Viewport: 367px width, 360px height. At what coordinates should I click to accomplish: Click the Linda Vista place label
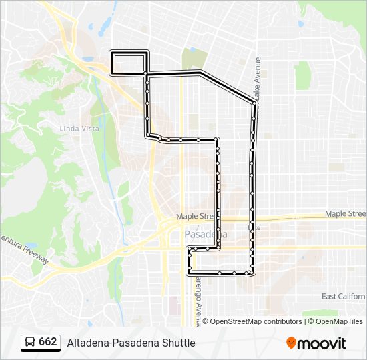[78, 128]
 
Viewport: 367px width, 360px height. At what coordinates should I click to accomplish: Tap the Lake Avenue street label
[258, 76]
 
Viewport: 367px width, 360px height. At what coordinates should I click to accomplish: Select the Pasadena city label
[205, 235]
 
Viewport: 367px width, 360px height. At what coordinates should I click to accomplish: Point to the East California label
[344, 296]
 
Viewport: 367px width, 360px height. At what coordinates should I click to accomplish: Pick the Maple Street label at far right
[345, 213]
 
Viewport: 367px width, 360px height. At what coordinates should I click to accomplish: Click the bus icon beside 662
[30, 343]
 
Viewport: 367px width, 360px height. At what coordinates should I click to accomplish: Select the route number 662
[48, 342]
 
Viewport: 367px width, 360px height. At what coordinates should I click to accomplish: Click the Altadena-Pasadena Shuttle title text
[131, 343]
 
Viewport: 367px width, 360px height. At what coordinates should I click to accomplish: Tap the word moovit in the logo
[322, 343]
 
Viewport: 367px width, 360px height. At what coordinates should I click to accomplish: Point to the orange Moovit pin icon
[291, 343]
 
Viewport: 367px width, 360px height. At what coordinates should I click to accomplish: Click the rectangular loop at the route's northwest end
[129, 63]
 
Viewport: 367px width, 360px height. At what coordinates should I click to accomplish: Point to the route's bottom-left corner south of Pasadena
[188, 273]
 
